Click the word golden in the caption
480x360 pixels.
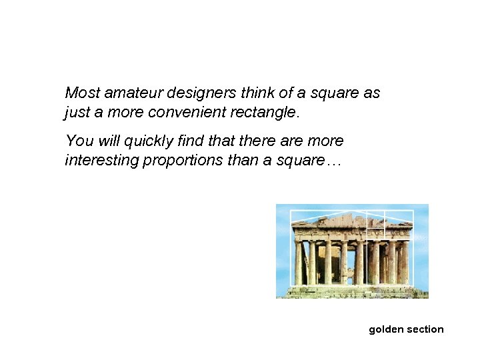[x=385, y=329]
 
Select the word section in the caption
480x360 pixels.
[x=424, y=329]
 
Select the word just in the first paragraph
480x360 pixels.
[x=75, y=112]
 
